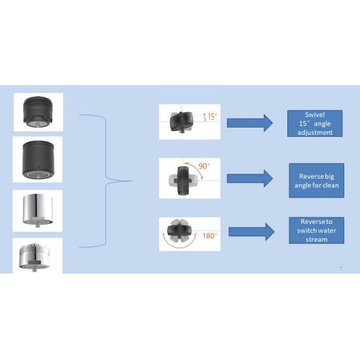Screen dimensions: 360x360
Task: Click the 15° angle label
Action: point(212,117)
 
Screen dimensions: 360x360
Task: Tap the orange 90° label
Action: point(204,166)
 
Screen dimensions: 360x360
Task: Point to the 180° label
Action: point(209,236)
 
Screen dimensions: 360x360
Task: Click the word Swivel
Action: point(315,115)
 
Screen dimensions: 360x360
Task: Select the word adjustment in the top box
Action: point(315,132)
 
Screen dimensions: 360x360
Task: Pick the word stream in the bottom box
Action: point(317,240)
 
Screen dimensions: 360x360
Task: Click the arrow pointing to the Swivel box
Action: point(250,123)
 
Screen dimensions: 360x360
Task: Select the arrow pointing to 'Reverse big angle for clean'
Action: point(250,179)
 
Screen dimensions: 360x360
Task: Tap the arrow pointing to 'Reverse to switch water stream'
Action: point(251,232)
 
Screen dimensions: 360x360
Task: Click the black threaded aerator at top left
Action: point(38,112)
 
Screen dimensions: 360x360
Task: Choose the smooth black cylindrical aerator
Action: point(39,160)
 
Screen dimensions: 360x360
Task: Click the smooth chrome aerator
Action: point(38,210)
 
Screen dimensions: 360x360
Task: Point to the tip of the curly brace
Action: point(133,181)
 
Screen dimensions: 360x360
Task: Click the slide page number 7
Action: point(341,268)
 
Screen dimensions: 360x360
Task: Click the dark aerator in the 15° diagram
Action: point(181,122)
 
